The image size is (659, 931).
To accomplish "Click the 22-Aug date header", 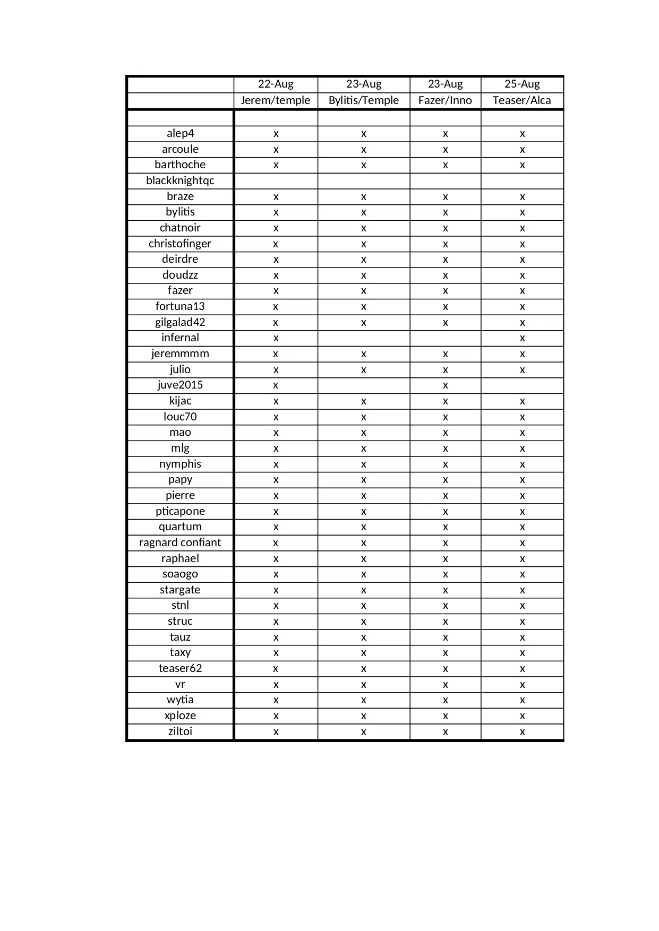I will point(276,84).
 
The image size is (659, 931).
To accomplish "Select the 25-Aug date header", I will point(522,84).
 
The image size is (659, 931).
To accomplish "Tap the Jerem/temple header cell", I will point(276,100).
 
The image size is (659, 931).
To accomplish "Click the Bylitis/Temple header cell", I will point(364,100).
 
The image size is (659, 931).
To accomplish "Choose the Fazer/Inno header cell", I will point(445,100).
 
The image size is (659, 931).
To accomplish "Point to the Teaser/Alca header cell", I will point(522,100).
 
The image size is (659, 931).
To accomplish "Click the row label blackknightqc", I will point(180,180).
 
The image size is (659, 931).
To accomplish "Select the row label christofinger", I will point(180,244).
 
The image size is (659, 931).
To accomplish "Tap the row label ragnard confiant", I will point(180,542).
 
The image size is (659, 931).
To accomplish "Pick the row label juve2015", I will point(180,385).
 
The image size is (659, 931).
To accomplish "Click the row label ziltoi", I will point(180,731).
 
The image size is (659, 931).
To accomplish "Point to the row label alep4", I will point(180,133).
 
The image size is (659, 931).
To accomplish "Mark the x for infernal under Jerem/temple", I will point(276,338).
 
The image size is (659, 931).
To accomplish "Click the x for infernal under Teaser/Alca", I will point(523,338).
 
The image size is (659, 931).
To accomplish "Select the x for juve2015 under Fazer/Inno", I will point(445,385).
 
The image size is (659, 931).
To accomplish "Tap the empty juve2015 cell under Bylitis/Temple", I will point(364,385).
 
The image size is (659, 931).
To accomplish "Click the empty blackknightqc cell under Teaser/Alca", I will point(523,180).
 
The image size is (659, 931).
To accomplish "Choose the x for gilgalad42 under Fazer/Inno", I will point(445,323).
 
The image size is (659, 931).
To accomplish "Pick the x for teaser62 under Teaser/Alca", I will point(523,669).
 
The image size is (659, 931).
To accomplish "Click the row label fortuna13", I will point(180,306).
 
